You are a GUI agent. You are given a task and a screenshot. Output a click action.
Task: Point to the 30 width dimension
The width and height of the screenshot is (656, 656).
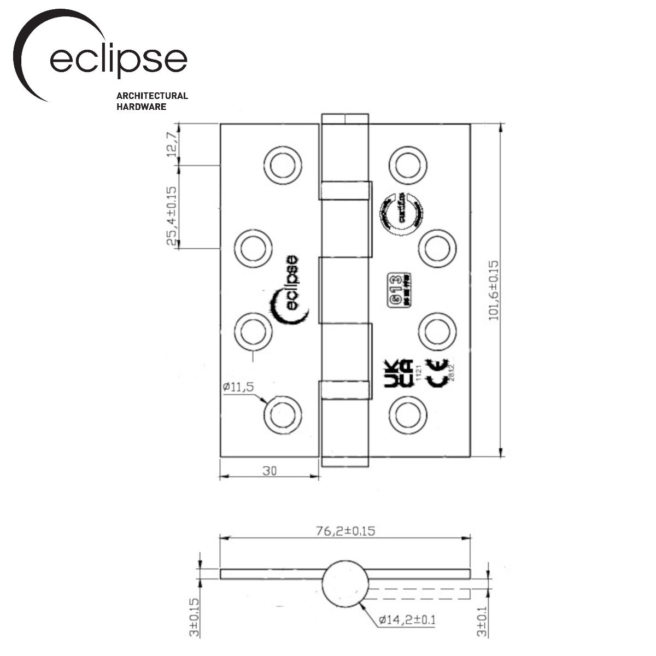(268, 471)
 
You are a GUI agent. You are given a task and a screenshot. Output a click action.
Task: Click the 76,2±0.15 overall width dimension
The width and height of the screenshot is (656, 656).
(345, 531)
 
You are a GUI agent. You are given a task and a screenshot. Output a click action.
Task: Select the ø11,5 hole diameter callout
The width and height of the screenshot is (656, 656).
(238, 387)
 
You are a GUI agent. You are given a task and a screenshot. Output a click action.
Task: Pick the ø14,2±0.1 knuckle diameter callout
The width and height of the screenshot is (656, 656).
(407, 620)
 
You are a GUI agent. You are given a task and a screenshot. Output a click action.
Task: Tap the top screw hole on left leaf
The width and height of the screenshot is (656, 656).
(282, 165)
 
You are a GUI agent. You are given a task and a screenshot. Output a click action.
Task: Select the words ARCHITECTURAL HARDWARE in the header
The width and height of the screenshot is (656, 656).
(152, 101)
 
